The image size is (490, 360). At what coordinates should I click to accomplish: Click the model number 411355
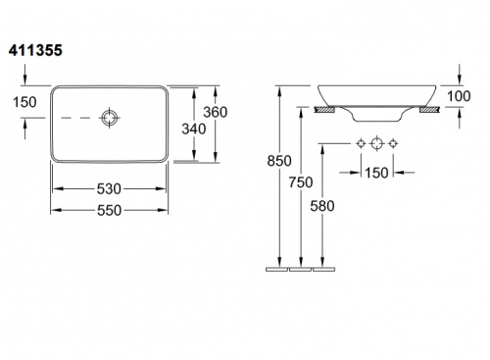(x=35, y=51)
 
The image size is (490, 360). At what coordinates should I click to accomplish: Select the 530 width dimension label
(x=109, y=188)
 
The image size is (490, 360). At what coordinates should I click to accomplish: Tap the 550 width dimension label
(x=109, y=210)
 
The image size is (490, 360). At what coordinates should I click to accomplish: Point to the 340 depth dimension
(x=194, y=129)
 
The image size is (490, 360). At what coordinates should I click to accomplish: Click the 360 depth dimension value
(x=216, y=112)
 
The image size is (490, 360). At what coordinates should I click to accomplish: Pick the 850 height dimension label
(x=279, y=161)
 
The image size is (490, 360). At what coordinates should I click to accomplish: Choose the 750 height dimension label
(x=301, y=182)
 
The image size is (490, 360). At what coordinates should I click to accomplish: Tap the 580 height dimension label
(x=322, y=206)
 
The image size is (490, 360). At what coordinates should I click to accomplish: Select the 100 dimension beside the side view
(x=459, y=96)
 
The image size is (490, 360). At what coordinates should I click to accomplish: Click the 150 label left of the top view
(x=24, y=102)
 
